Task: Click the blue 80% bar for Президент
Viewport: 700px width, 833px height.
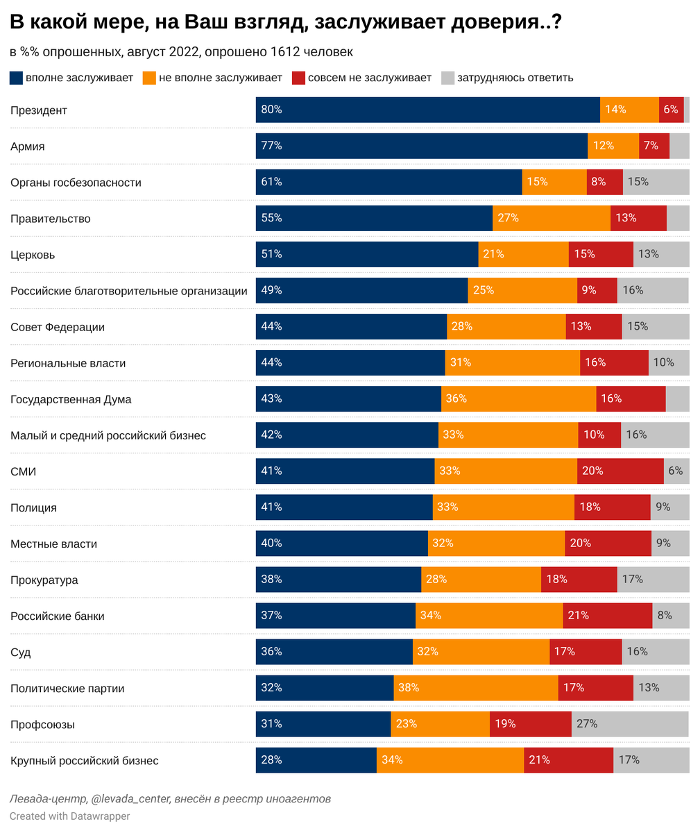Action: coord(427,110)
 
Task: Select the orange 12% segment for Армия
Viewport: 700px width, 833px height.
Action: coord(613,146)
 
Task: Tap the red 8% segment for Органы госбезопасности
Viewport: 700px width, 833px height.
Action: coord(604,182)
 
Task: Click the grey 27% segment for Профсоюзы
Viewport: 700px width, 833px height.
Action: coord(629,723)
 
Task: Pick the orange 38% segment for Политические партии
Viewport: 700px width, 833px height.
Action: coord(475,687)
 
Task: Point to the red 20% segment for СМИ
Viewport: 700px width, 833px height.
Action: coord(620,471)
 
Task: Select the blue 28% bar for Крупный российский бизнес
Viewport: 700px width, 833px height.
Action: coord(316,759)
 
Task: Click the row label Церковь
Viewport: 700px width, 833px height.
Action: coord(33,255)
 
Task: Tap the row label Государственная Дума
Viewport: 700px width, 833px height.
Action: coord(71,399)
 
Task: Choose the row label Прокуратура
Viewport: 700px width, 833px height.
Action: coord(44,580)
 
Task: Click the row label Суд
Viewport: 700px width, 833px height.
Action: coord(20,652)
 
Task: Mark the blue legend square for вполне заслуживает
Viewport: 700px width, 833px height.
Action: coord(17,78)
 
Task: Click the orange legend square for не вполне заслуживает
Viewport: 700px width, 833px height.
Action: coord(149,78)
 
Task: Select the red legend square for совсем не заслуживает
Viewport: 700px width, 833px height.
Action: coord(299,78)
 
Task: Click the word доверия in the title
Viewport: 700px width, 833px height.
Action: coord(490,23)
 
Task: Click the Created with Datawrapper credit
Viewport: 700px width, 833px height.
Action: coord(69,816)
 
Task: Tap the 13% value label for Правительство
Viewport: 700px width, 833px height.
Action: coord(625,218)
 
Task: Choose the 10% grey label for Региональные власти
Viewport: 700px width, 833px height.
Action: coord(663,362)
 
